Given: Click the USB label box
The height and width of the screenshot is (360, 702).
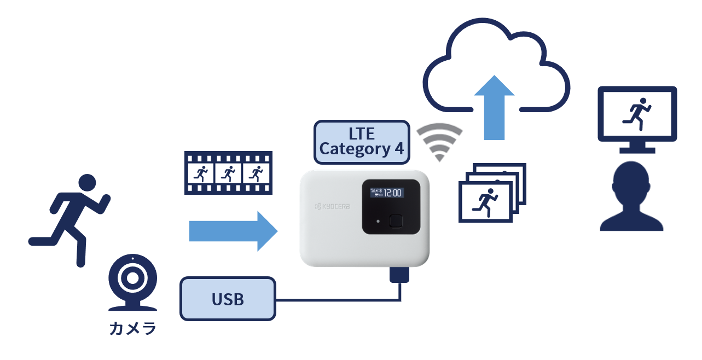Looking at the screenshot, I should [x=228, y=299].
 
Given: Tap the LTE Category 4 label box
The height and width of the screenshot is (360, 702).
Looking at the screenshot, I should [x=361, y=142].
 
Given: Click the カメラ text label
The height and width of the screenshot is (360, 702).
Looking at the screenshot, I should [x=132, y=329].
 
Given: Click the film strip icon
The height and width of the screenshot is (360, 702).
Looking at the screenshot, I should [x=229, y=173].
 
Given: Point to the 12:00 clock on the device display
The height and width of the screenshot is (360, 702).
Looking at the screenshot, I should [x=392, y=193].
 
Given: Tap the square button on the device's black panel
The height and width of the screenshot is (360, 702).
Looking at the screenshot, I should [x=396, y=221].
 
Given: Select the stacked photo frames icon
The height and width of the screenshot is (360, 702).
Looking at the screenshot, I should [x=491, y=191].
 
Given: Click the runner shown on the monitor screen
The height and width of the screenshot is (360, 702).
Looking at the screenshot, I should [x=637, y=112].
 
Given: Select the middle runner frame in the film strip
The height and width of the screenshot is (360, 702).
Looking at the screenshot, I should [x=229, y=173].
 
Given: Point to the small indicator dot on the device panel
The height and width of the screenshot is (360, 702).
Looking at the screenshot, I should [x=378, y=222].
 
